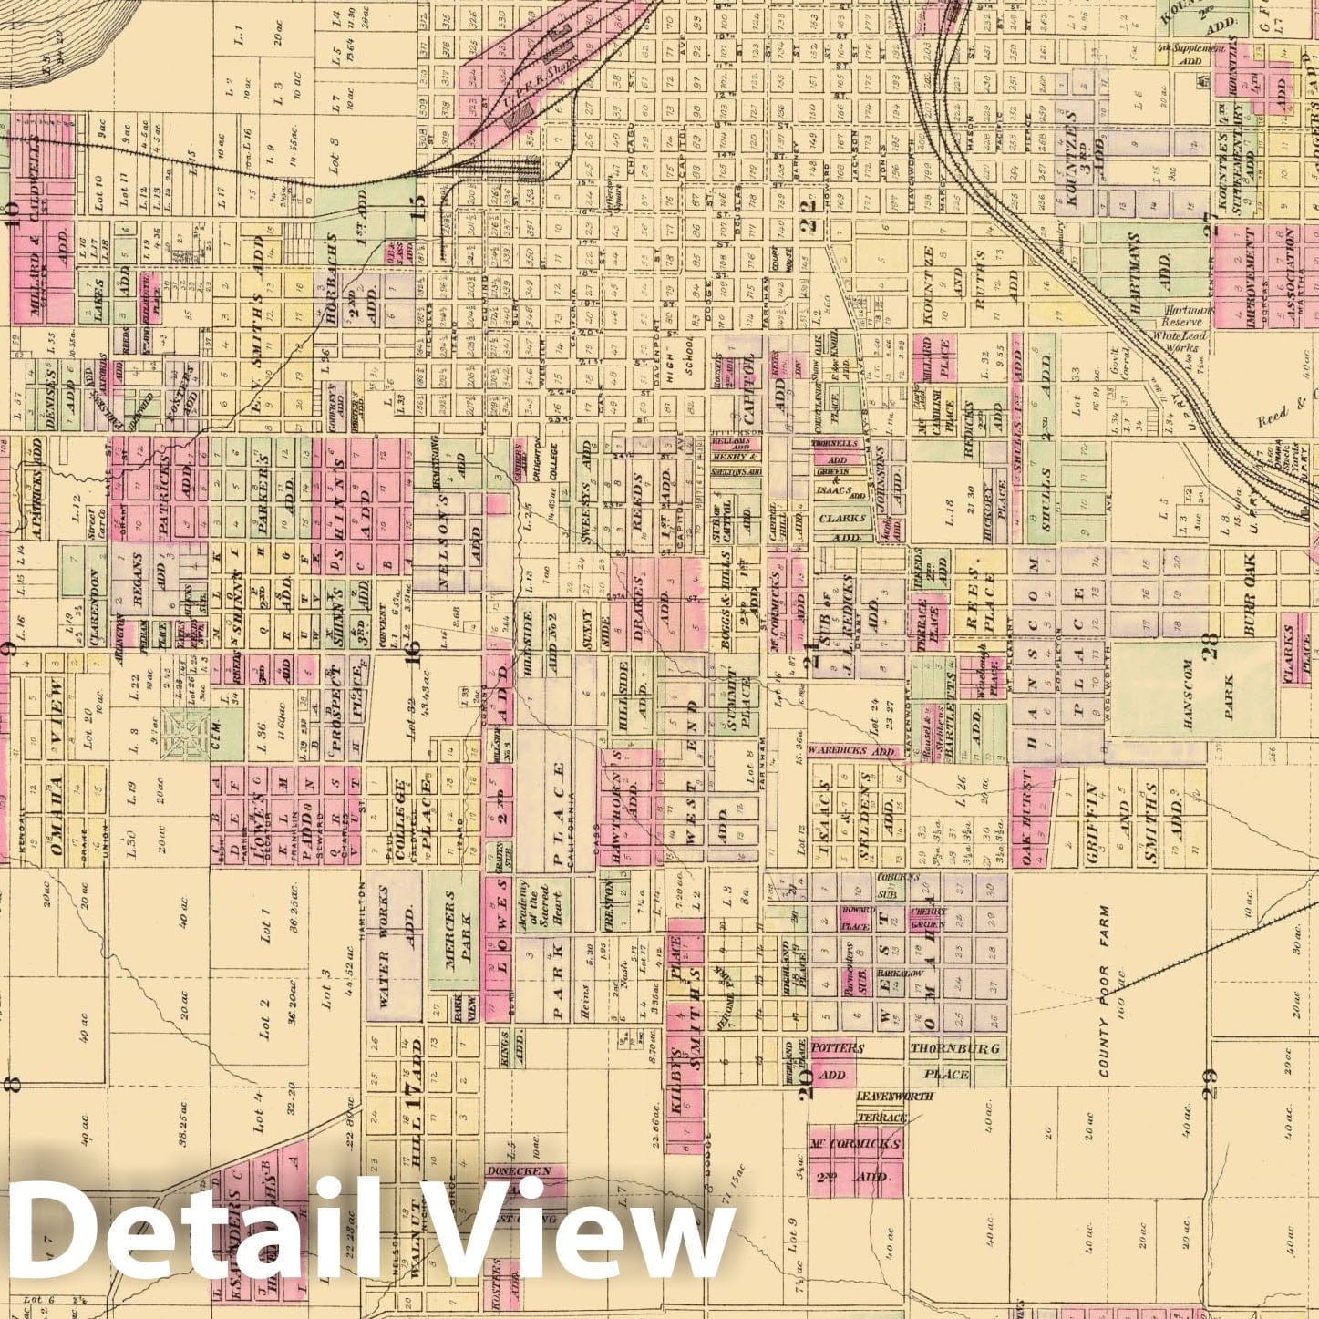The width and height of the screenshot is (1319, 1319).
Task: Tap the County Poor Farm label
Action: pos(1105,992)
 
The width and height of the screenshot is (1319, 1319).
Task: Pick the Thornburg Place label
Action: pos(953,1060)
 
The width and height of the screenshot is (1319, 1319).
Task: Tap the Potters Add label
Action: pos(836,1061)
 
